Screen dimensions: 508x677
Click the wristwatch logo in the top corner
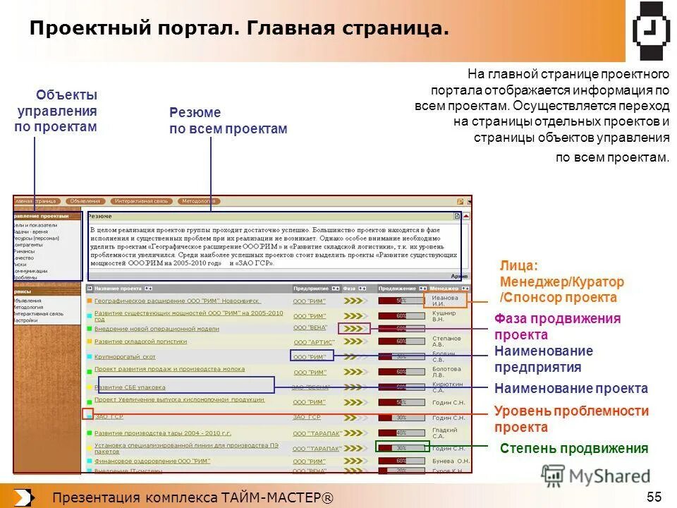(651, 30)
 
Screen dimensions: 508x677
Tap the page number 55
(654, 497)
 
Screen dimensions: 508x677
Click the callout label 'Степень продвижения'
(573, 448)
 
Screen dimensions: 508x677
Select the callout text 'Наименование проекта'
(571, 388)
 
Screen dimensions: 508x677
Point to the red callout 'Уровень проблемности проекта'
(571, 419)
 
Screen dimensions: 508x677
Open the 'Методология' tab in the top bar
(198, 201)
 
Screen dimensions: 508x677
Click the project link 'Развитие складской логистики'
(140, 341)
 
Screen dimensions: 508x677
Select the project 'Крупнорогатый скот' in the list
(125, 357)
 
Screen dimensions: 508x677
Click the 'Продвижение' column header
(397, 289)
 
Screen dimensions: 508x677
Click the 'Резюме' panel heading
(99, 217)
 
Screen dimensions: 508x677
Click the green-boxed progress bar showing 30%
(401, 447)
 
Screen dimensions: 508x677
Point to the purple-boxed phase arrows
(354, 328)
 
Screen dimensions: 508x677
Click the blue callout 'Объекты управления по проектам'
(56, 111)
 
